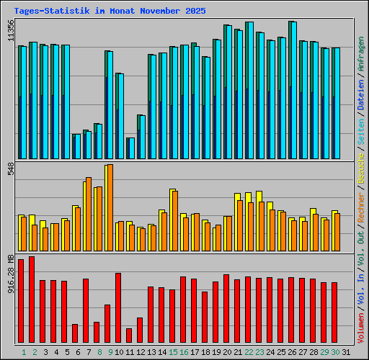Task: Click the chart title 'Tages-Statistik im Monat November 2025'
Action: coord(110,12)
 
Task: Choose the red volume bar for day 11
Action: coord(129,336)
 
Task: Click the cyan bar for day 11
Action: coord(131,148)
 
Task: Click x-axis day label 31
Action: coord(345,352)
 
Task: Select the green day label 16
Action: coord(183,352)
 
